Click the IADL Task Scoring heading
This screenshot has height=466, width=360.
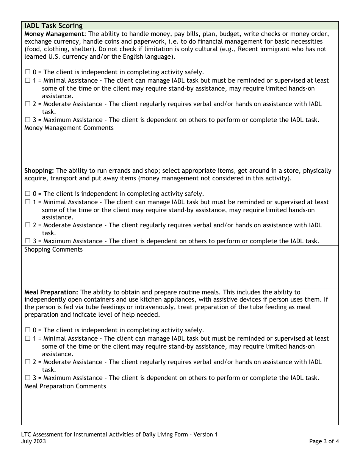click(x=53, y=26)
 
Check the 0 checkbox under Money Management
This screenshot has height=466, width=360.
click(x=28, y=72)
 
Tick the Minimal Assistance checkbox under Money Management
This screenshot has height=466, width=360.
click(x=28, y=81)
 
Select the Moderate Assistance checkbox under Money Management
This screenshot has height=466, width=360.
click(x=28, y=104)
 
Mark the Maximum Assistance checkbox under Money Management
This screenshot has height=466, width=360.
click(x=28, y=120)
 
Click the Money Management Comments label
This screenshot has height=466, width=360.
click(x=69, y=128)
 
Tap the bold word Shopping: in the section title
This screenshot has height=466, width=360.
click(x=39, y=171)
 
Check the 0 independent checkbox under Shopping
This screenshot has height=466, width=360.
click(x=28, y=194)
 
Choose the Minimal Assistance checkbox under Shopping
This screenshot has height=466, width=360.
click(x=28, y=202)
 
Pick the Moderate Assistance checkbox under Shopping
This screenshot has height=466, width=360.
click(x=28, y=225)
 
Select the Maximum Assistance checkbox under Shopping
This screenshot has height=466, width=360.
click(x=28, y=241)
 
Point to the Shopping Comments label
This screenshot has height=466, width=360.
click(x=53, y=250)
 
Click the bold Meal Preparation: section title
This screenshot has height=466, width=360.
click(x=52, y=292)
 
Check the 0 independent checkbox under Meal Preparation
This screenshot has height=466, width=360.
click(x=28, y=330)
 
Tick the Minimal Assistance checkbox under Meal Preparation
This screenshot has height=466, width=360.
click(x=28, y=339)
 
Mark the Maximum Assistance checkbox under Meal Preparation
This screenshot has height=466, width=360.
click(x=28, y=378)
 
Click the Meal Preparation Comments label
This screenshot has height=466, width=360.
click(x=65, y=386)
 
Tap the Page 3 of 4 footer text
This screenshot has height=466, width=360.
click(x=324, y=441)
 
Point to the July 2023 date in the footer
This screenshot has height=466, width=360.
click(x=34, y=441)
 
